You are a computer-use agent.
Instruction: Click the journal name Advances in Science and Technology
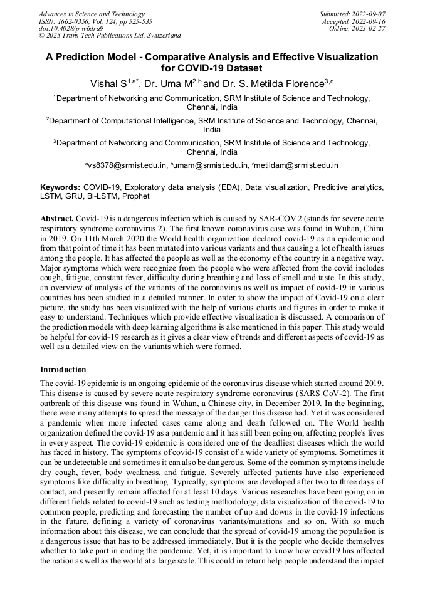[92, 14]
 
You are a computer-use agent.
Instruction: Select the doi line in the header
[71, 28]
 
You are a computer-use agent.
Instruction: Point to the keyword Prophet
[136, 196]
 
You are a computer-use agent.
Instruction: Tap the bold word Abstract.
[57, 217]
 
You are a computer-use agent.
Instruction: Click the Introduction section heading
[63, 370]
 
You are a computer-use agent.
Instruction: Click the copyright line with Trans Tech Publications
[110, 36]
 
